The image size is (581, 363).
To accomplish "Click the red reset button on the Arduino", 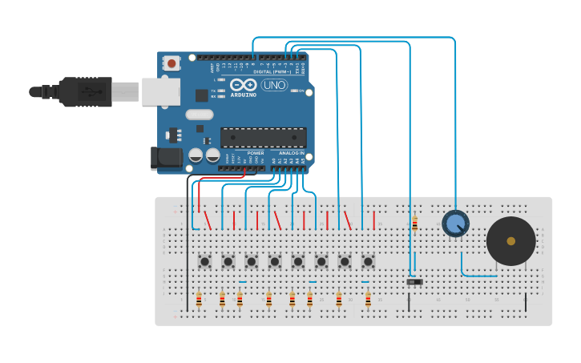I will [171, 63].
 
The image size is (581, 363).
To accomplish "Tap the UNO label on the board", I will [274, 85].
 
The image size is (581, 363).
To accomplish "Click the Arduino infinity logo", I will [243, 85].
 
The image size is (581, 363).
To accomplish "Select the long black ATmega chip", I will [263, 138].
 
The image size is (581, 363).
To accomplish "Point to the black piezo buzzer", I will [510, 240].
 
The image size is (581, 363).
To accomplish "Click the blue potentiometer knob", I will [455, 223].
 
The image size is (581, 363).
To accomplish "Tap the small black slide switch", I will [414, 281].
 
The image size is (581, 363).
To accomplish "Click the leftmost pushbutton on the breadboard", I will [204, 261].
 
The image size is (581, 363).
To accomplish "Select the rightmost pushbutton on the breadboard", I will [368, 261].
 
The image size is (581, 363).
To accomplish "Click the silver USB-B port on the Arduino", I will [160, 91].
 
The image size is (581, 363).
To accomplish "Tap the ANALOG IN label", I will [291, 153].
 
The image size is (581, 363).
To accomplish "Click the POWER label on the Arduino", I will [255, 153].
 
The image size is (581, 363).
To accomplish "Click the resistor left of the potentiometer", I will [414, 224].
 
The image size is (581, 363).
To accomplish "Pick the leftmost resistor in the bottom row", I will [199, 300].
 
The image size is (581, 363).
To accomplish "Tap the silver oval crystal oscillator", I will [200, 115].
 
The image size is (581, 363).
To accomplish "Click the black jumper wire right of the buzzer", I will [526, 301].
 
